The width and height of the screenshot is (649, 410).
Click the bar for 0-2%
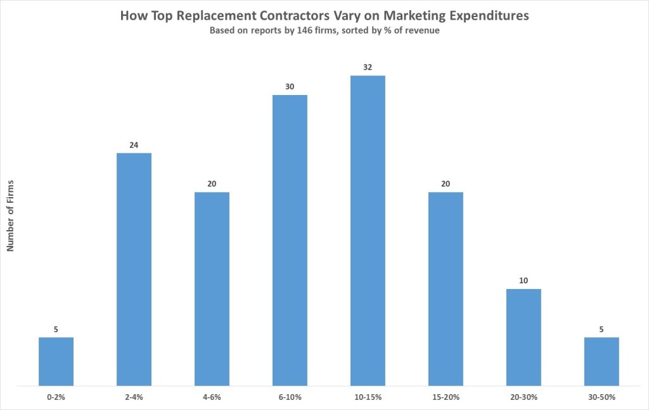(x=56, y=361)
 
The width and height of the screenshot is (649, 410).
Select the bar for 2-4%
(x=134, y=269)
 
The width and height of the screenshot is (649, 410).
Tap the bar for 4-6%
(x=212, y=288)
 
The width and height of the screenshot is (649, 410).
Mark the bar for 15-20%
(x=446, y=288)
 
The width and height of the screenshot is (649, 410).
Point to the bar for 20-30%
(x=524, y=336)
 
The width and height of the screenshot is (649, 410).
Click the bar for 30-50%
(x=601, y=361)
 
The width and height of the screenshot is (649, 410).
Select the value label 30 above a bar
(x=290, y=87)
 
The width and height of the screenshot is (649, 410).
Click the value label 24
(x=134, y=144)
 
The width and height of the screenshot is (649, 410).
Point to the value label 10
(x=524, y=281)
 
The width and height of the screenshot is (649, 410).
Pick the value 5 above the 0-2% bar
(x=56, y=329)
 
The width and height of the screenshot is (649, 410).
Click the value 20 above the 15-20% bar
(x=446, y=184)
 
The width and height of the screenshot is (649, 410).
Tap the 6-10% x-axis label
(x=290, y=397)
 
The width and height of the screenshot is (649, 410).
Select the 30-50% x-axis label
(x=601, y=397)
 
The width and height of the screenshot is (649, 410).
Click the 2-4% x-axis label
(x=134, y=397)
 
